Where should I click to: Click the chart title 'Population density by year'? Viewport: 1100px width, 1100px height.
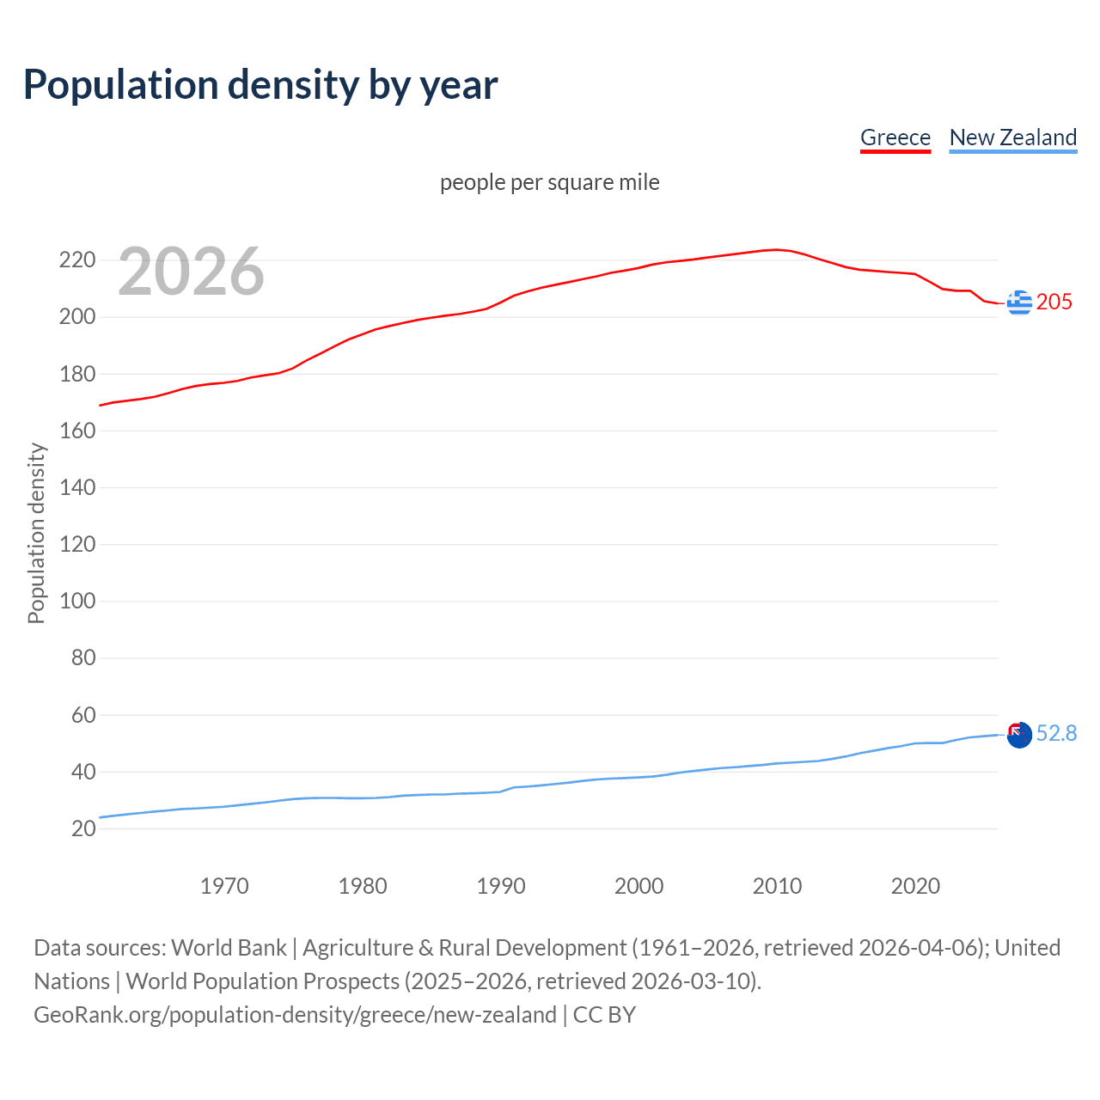(x=260, y=85)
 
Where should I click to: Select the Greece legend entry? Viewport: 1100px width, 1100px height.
(x=895, y=137)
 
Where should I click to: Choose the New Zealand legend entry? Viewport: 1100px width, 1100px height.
(x=1012, y=137)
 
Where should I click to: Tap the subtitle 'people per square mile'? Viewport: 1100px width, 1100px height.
(x=549, y=182)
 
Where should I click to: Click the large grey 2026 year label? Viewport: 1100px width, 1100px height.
(x=191, y=272)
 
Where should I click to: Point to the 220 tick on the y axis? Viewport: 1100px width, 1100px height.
(x=76, y=260)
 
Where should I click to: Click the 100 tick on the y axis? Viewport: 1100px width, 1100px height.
(x=76, y=601)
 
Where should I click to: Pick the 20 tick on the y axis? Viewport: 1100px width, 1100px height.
(x=82, y=828)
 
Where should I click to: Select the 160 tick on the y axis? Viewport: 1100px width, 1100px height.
(x=76, y=431)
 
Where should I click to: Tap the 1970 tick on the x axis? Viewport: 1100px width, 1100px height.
(x=224, y=886)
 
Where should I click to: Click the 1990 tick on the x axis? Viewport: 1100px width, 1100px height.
(x=501, y=886)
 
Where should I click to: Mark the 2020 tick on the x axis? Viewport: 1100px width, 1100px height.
(x=915, y=886)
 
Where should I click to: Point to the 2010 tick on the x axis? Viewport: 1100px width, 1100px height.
(x=777, y=886)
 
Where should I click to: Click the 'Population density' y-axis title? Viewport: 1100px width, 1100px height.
(x=36, y=533)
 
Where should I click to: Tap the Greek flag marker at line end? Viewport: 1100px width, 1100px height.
(x=1019, y=302)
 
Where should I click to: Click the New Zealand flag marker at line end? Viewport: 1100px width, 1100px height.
(x=1019, y=735)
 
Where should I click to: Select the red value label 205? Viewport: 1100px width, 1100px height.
(x=1054, y=302)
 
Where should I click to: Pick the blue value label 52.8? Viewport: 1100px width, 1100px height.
(x=1056, y=733)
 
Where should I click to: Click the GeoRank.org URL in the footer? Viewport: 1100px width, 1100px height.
(x=295, y=1015)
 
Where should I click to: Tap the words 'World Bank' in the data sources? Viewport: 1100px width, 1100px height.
(x=229, y=948)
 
